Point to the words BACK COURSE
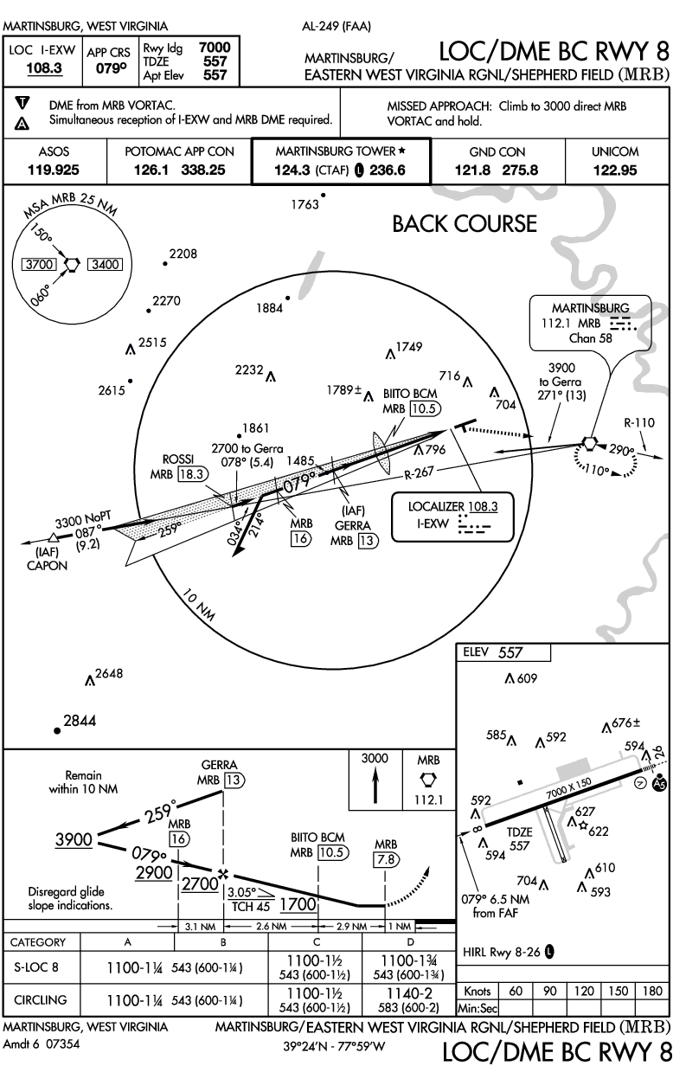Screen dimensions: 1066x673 [x=465, y=223]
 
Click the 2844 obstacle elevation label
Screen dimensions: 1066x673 [x=80, y=721]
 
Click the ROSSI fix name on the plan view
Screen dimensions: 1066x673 [x=177, y=459]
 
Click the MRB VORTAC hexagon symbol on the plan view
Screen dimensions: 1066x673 [x=589, y=443]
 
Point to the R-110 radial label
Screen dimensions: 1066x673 [x=639, y=423]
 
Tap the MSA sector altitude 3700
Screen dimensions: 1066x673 [x=41, y=265]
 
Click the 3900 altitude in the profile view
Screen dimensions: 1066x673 [x=74, y=839]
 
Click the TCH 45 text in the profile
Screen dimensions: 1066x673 [x=250, y=906]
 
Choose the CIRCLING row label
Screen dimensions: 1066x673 [x=41, y=999]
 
